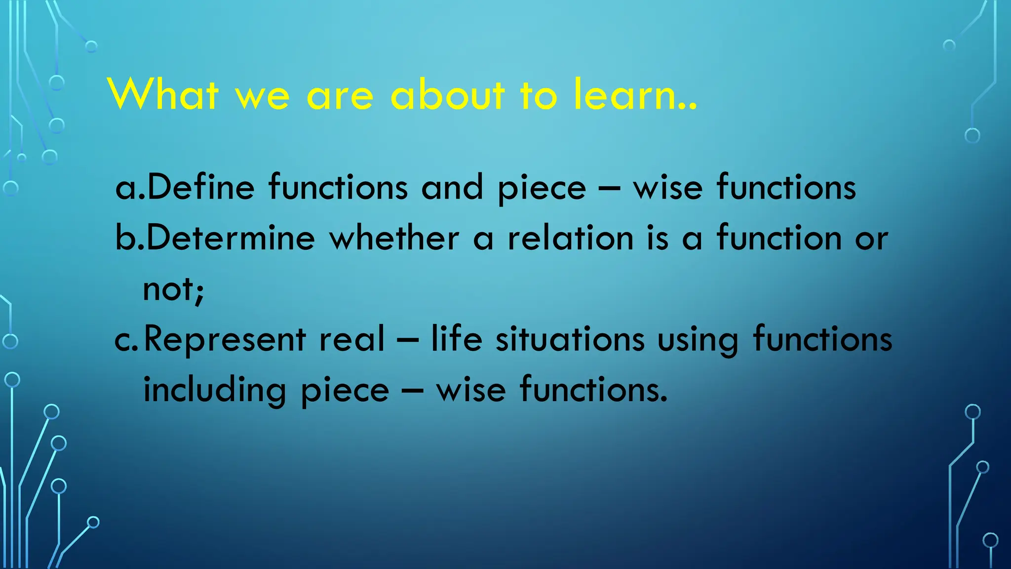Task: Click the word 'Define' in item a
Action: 200,188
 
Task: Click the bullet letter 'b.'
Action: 129,238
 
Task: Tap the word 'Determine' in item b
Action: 230,238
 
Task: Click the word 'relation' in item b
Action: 571,238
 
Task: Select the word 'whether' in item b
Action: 394,238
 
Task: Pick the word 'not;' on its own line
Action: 173,289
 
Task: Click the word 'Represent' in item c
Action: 225,340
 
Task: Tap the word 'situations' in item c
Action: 570,340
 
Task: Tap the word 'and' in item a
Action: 452,188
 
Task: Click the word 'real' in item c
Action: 351,340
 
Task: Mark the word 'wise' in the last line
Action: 471,390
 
